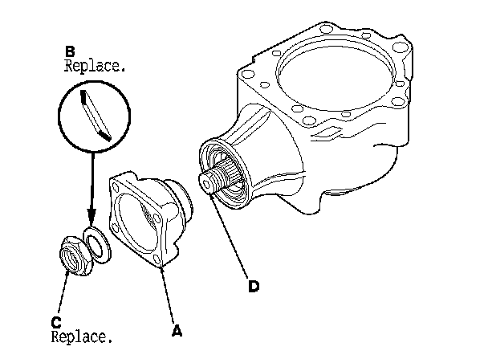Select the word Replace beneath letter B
tap(95, 67)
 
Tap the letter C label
tap(56, 322)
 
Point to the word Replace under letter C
tap(81, 336)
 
